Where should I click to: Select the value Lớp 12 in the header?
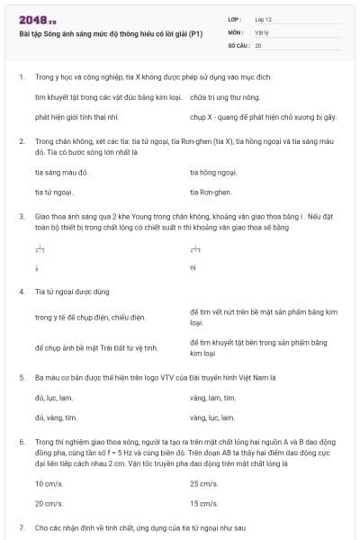[263, 19]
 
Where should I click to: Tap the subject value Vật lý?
[262, 31]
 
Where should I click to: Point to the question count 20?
[258, 44]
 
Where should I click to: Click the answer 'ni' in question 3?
[193, 267]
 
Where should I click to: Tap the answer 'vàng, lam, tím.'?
[213, 396]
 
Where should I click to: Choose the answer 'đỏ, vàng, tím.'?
[57, 418]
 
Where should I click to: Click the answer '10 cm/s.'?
[49, 483]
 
